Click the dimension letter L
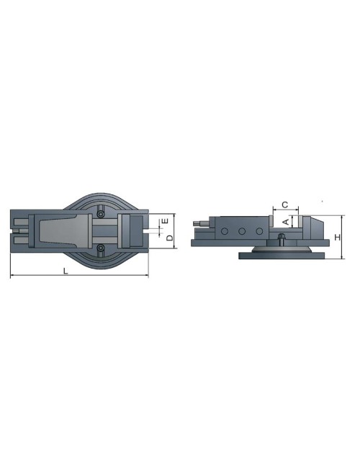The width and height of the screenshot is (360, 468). point(66,271)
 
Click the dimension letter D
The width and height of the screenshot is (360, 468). point(170,237)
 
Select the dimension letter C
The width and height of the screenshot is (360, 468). point(284,205)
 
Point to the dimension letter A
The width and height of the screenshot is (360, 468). point(286,222)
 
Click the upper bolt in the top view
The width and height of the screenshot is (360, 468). point(102,214)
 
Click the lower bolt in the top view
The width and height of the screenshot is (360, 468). point(102,248)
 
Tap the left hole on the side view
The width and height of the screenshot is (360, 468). point(225,232)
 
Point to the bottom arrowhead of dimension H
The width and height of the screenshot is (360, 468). point(342,256)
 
